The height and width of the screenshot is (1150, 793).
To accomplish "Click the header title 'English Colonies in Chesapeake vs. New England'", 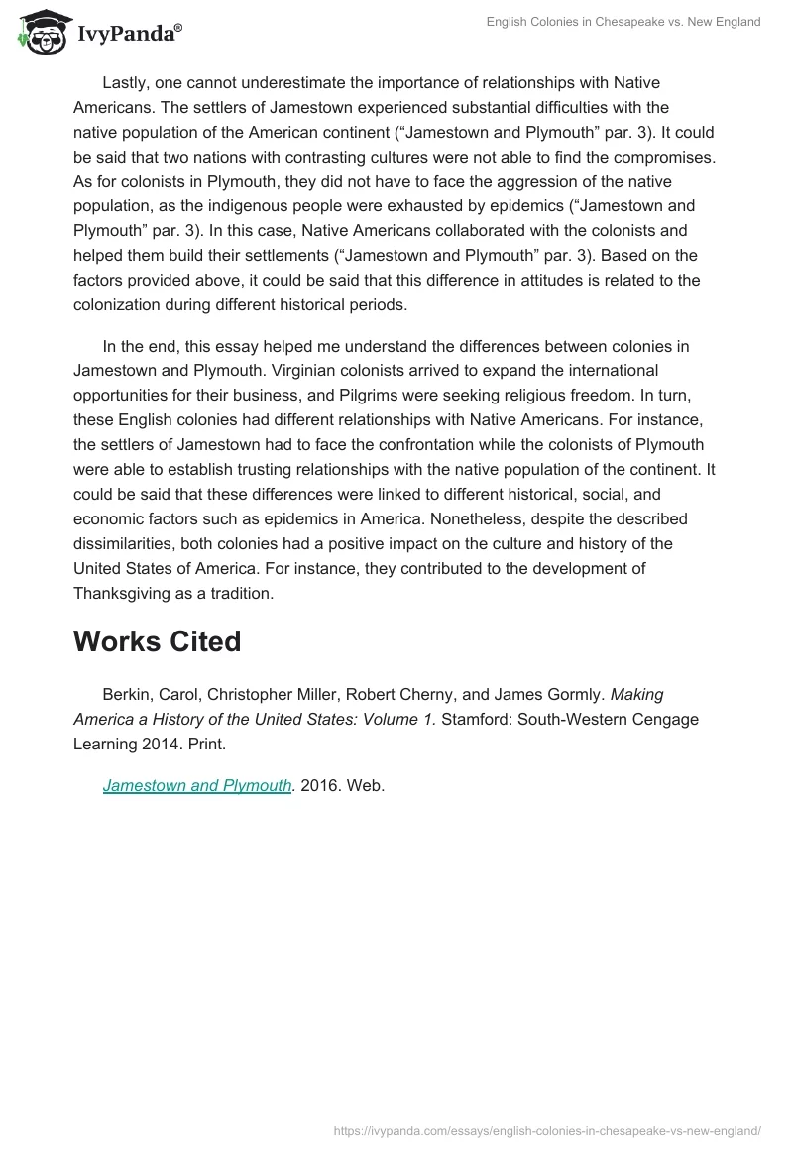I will tap(623, 22).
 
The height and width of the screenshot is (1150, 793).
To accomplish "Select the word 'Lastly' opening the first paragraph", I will tap(125, 82).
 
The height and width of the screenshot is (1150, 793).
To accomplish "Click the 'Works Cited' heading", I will tap(157, 641).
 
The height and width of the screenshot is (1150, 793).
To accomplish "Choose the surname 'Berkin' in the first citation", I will tap(125, 695).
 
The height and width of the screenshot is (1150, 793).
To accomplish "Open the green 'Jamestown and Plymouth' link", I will tap(197, 786).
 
